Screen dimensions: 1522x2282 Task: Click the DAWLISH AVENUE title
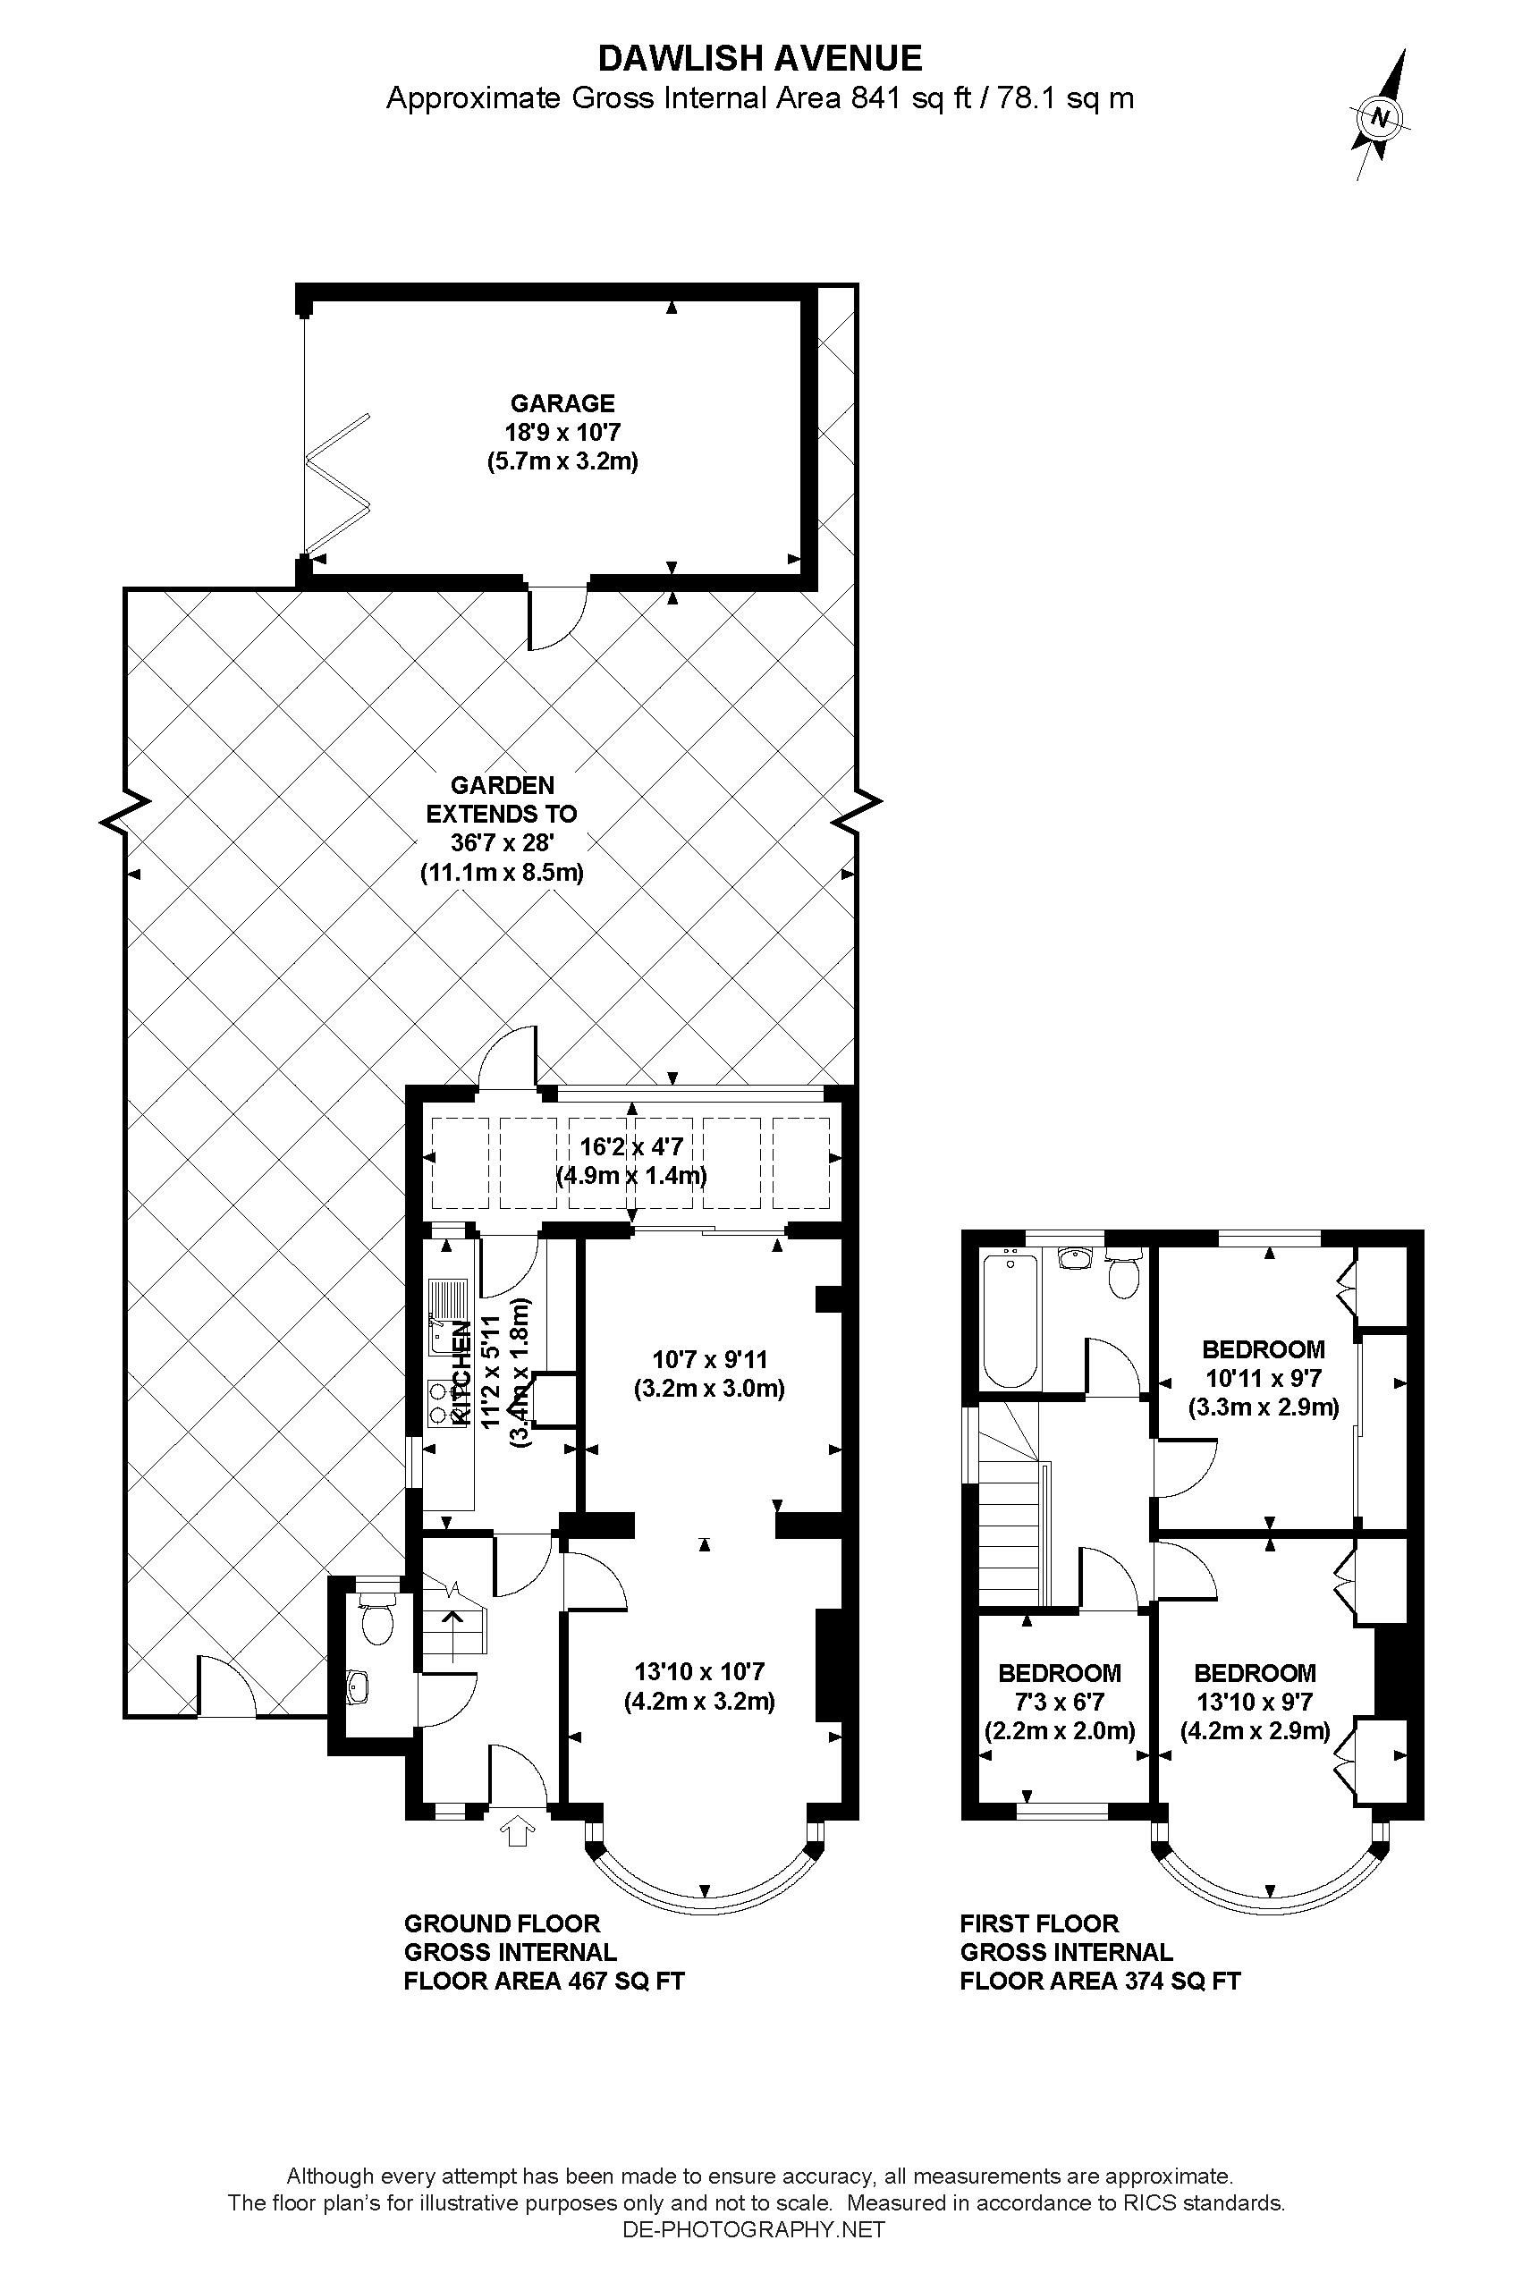point(760,59)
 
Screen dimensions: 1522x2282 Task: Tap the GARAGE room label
point(563,402)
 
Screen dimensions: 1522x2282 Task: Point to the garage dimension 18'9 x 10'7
point(563,432)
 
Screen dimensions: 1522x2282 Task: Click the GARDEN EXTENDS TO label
point(502,799)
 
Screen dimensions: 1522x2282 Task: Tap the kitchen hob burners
point(444,1403)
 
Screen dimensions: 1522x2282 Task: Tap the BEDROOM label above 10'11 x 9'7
point(1263,1349)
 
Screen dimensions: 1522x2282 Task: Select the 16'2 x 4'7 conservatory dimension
point(631,1146)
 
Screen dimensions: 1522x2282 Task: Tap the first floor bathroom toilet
point(1123,1274)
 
